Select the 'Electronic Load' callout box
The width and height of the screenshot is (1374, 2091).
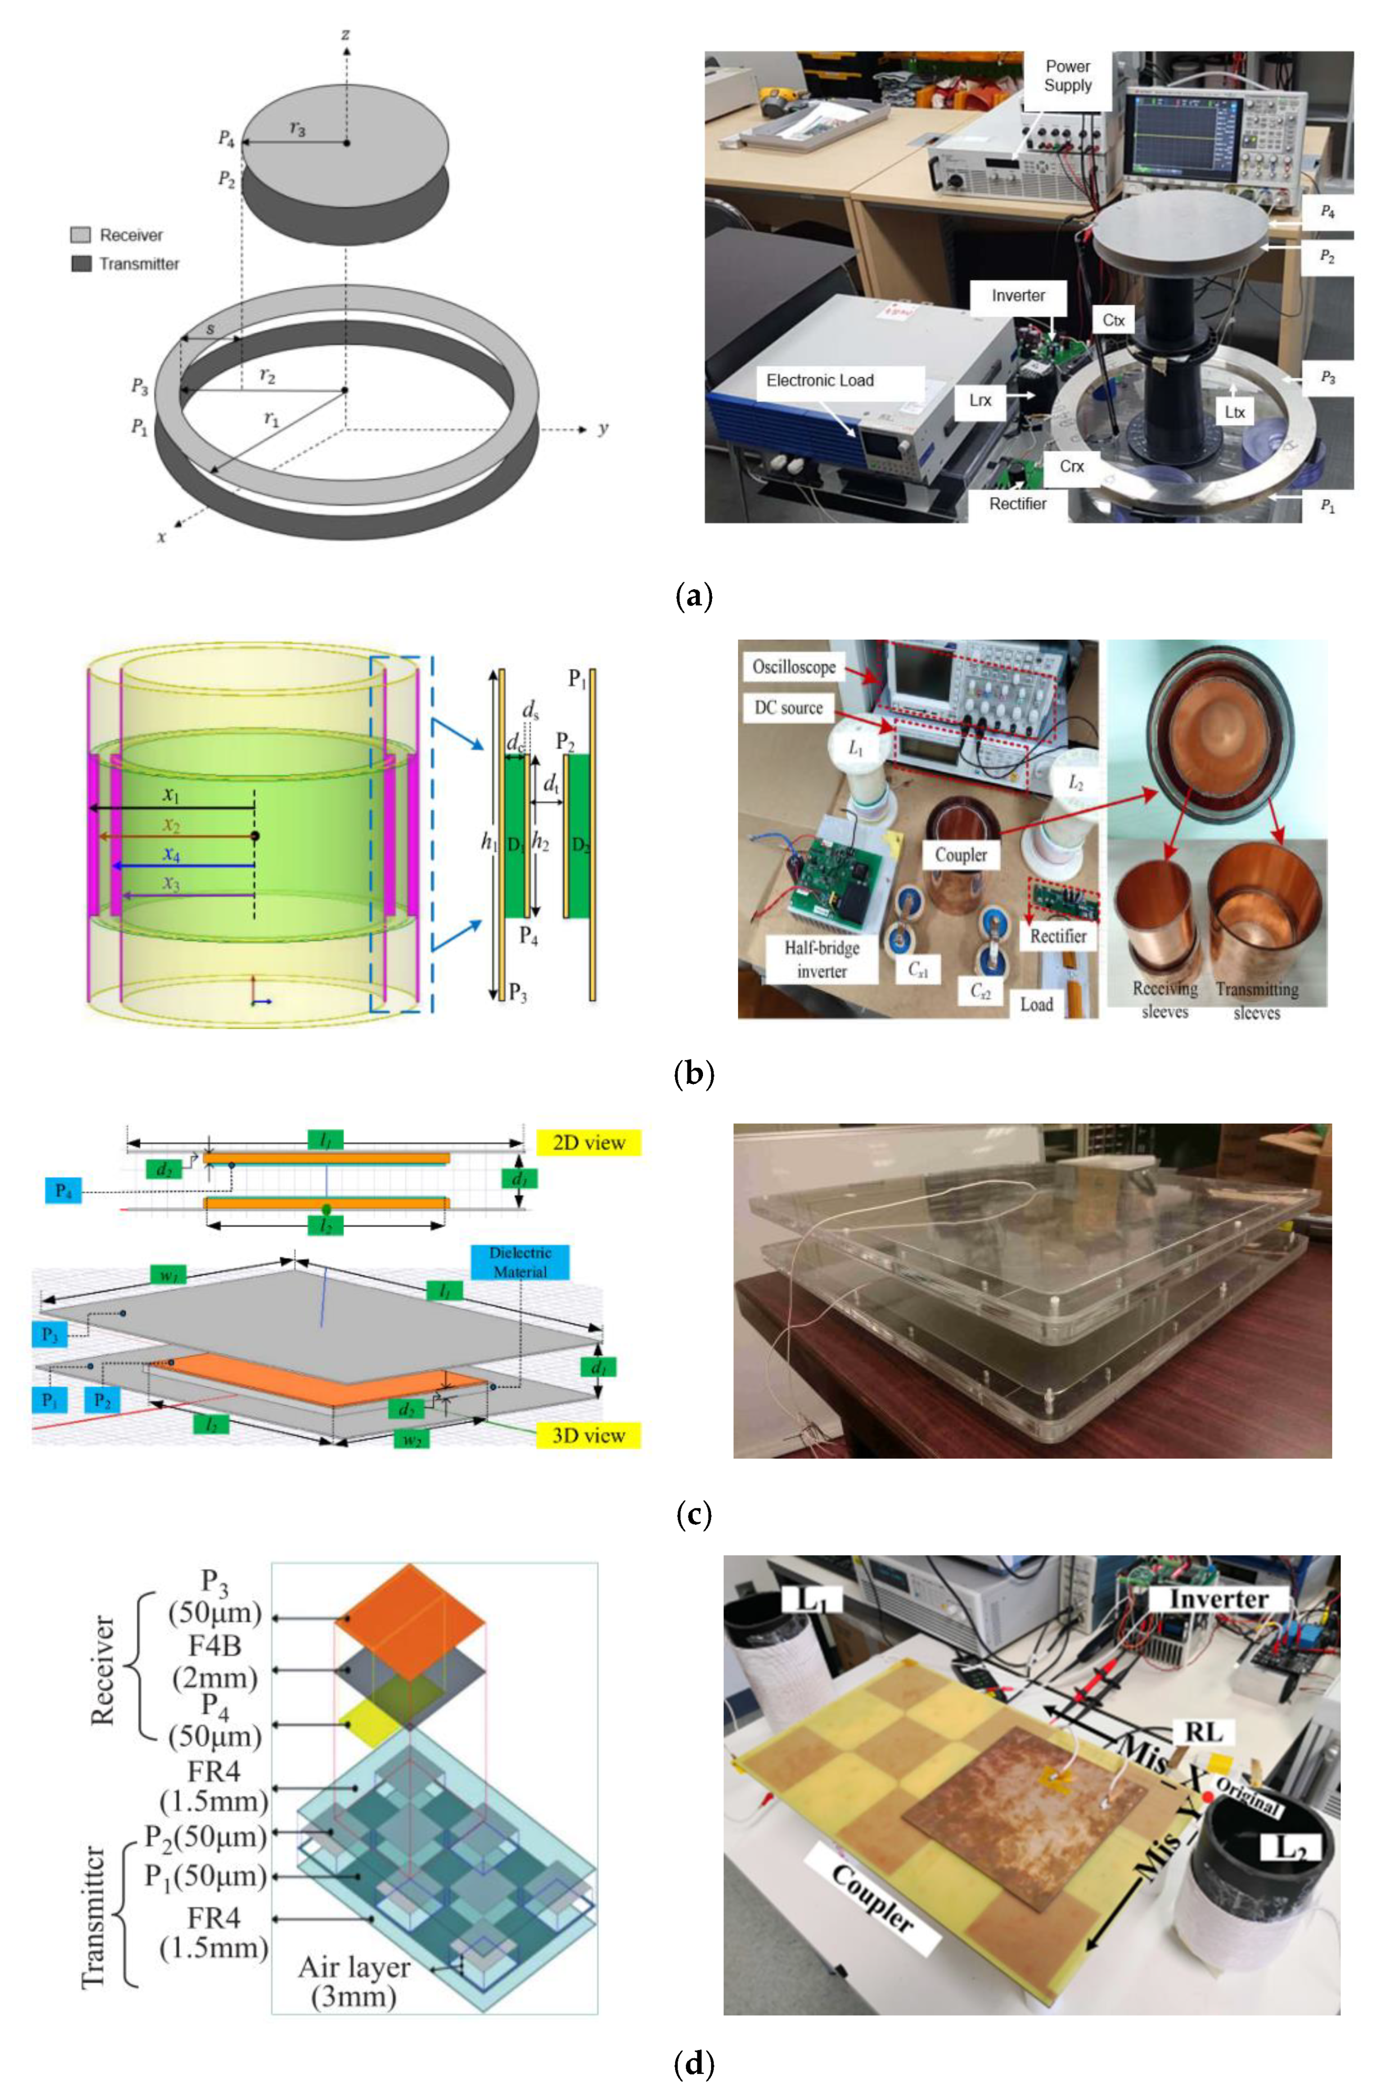pos(820,380)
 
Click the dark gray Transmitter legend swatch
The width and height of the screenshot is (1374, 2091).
pos(81,263)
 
